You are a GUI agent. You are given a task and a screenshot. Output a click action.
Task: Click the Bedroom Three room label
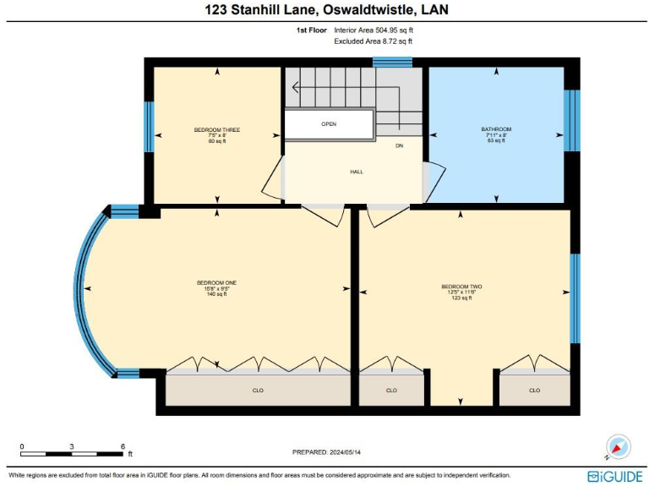217,130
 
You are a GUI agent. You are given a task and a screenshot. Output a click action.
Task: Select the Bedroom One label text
216,282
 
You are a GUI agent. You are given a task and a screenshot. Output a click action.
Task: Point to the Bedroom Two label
461,287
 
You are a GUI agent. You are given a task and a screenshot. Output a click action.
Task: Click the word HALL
357,172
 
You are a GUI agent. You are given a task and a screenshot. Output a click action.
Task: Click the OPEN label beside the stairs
329,124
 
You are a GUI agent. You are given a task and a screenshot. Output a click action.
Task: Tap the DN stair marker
400,145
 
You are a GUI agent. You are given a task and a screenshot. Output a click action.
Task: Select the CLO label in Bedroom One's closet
259,391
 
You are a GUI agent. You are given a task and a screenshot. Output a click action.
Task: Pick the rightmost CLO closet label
534,391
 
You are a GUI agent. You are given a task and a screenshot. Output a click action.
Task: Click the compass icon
619,446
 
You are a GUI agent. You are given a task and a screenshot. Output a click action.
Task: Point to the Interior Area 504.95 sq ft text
373,30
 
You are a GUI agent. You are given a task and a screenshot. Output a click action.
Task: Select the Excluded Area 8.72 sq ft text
373,41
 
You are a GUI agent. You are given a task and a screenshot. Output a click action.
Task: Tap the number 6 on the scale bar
123,446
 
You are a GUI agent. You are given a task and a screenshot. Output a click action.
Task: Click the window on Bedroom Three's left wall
149,127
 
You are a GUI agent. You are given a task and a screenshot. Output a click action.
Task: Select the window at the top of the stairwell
392,62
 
